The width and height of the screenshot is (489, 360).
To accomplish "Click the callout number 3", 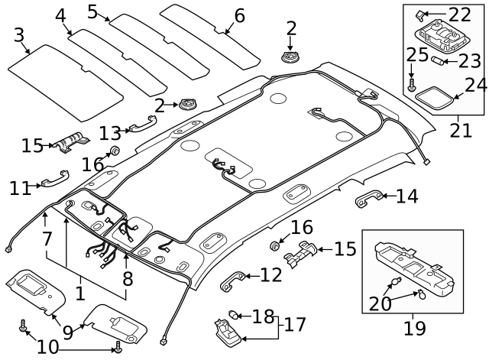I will pos(19,35).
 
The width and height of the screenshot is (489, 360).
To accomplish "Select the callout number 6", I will pos(239,15).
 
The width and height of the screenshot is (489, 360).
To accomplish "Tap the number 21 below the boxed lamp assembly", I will pos(460,130).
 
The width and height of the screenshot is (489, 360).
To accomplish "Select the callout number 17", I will pos(295,326).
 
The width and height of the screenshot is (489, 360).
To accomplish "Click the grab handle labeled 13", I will pos(142,122).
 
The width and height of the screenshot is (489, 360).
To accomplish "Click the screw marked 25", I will pos(412,87).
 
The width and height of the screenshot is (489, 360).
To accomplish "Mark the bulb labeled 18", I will pos(236,313).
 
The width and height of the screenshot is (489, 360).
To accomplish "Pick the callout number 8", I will pos(127,278).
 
